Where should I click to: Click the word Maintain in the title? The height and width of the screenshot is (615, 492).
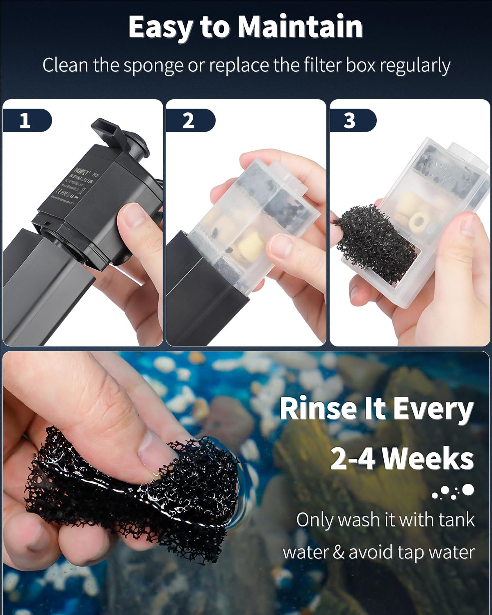coord(300,27)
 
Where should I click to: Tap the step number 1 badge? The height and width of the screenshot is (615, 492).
coord(25,121)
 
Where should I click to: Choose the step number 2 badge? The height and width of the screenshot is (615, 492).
coord(188,121)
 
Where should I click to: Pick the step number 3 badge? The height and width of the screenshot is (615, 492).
coord(349,121)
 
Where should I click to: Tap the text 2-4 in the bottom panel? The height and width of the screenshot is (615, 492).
coord(352,458)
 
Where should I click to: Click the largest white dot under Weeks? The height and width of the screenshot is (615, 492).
coord(468,489)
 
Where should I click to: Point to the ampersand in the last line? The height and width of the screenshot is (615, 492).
coord(338,552)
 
